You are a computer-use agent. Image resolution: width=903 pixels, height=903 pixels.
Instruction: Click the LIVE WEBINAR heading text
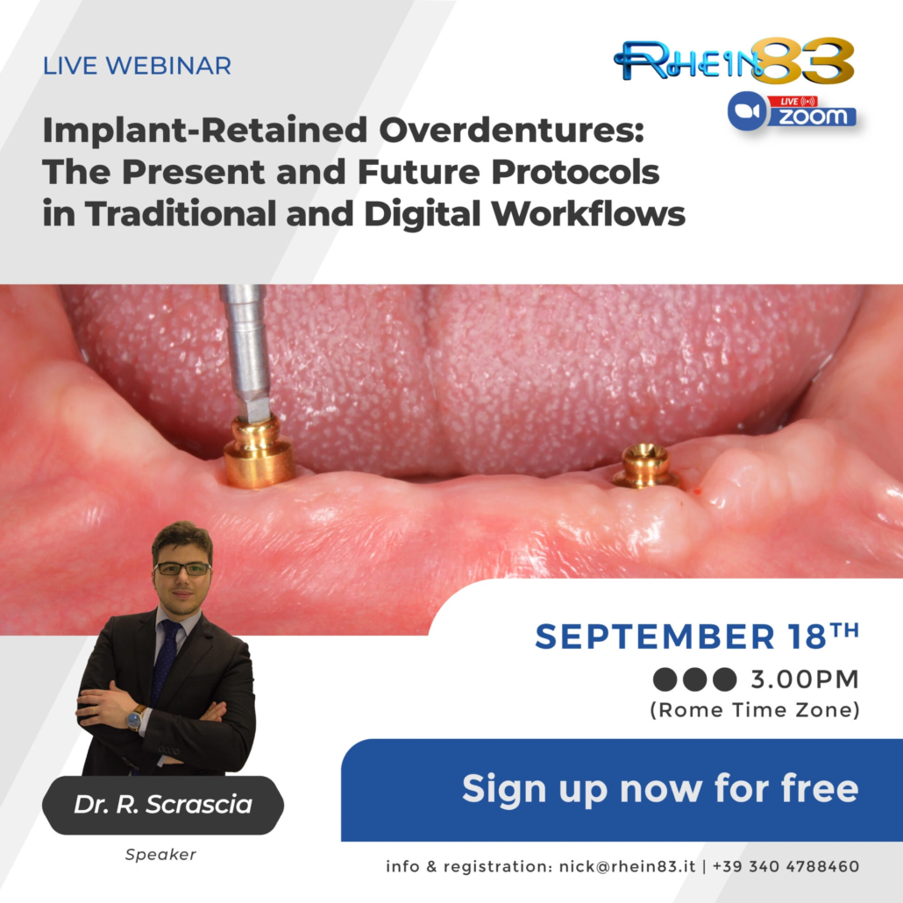(137, 66)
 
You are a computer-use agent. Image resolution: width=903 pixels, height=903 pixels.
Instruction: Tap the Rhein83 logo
(734, 61)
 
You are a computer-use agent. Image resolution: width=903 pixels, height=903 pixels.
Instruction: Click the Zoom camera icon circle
(747, 110)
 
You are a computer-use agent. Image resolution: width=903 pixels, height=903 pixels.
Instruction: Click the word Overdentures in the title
(511, 130)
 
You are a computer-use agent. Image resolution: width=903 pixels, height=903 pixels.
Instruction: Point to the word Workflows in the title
(588, 213)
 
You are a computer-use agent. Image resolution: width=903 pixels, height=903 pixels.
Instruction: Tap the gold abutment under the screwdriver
(258, 451)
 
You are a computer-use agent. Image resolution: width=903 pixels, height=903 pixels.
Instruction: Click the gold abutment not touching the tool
(644, 466)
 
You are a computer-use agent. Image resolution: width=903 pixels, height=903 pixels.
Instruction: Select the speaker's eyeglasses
(182, 569)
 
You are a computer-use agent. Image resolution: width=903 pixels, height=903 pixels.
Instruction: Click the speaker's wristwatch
(135, 717)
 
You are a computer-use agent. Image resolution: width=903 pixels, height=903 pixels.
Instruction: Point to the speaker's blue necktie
(166, 662)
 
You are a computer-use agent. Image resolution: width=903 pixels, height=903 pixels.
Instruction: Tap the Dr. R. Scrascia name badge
(163, 805)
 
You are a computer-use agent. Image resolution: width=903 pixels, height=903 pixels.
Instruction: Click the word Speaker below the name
(160, 855)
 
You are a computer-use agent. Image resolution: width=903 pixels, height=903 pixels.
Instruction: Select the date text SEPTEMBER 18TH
(697, 636)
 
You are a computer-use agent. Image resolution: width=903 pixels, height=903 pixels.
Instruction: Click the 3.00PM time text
(805, 679)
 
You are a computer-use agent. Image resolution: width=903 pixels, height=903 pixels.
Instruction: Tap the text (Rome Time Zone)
(755, 710)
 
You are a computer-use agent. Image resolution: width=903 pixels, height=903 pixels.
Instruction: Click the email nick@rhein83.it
(627, 867)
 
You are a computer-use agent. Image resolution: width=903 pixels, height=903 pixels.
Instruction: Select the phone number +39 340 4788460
(786, 867)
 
